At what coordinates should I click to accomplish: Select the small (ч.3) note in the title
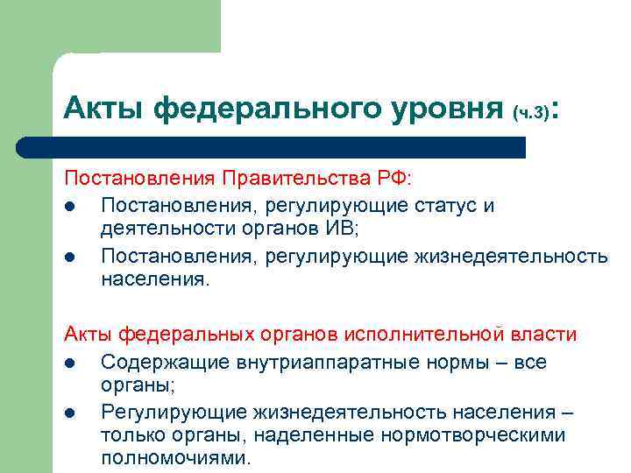click(531, 112)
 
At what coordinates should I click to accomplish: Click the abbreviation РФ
click(390, 179)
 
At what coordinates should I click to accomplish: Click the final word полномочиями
click(175, 458)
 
